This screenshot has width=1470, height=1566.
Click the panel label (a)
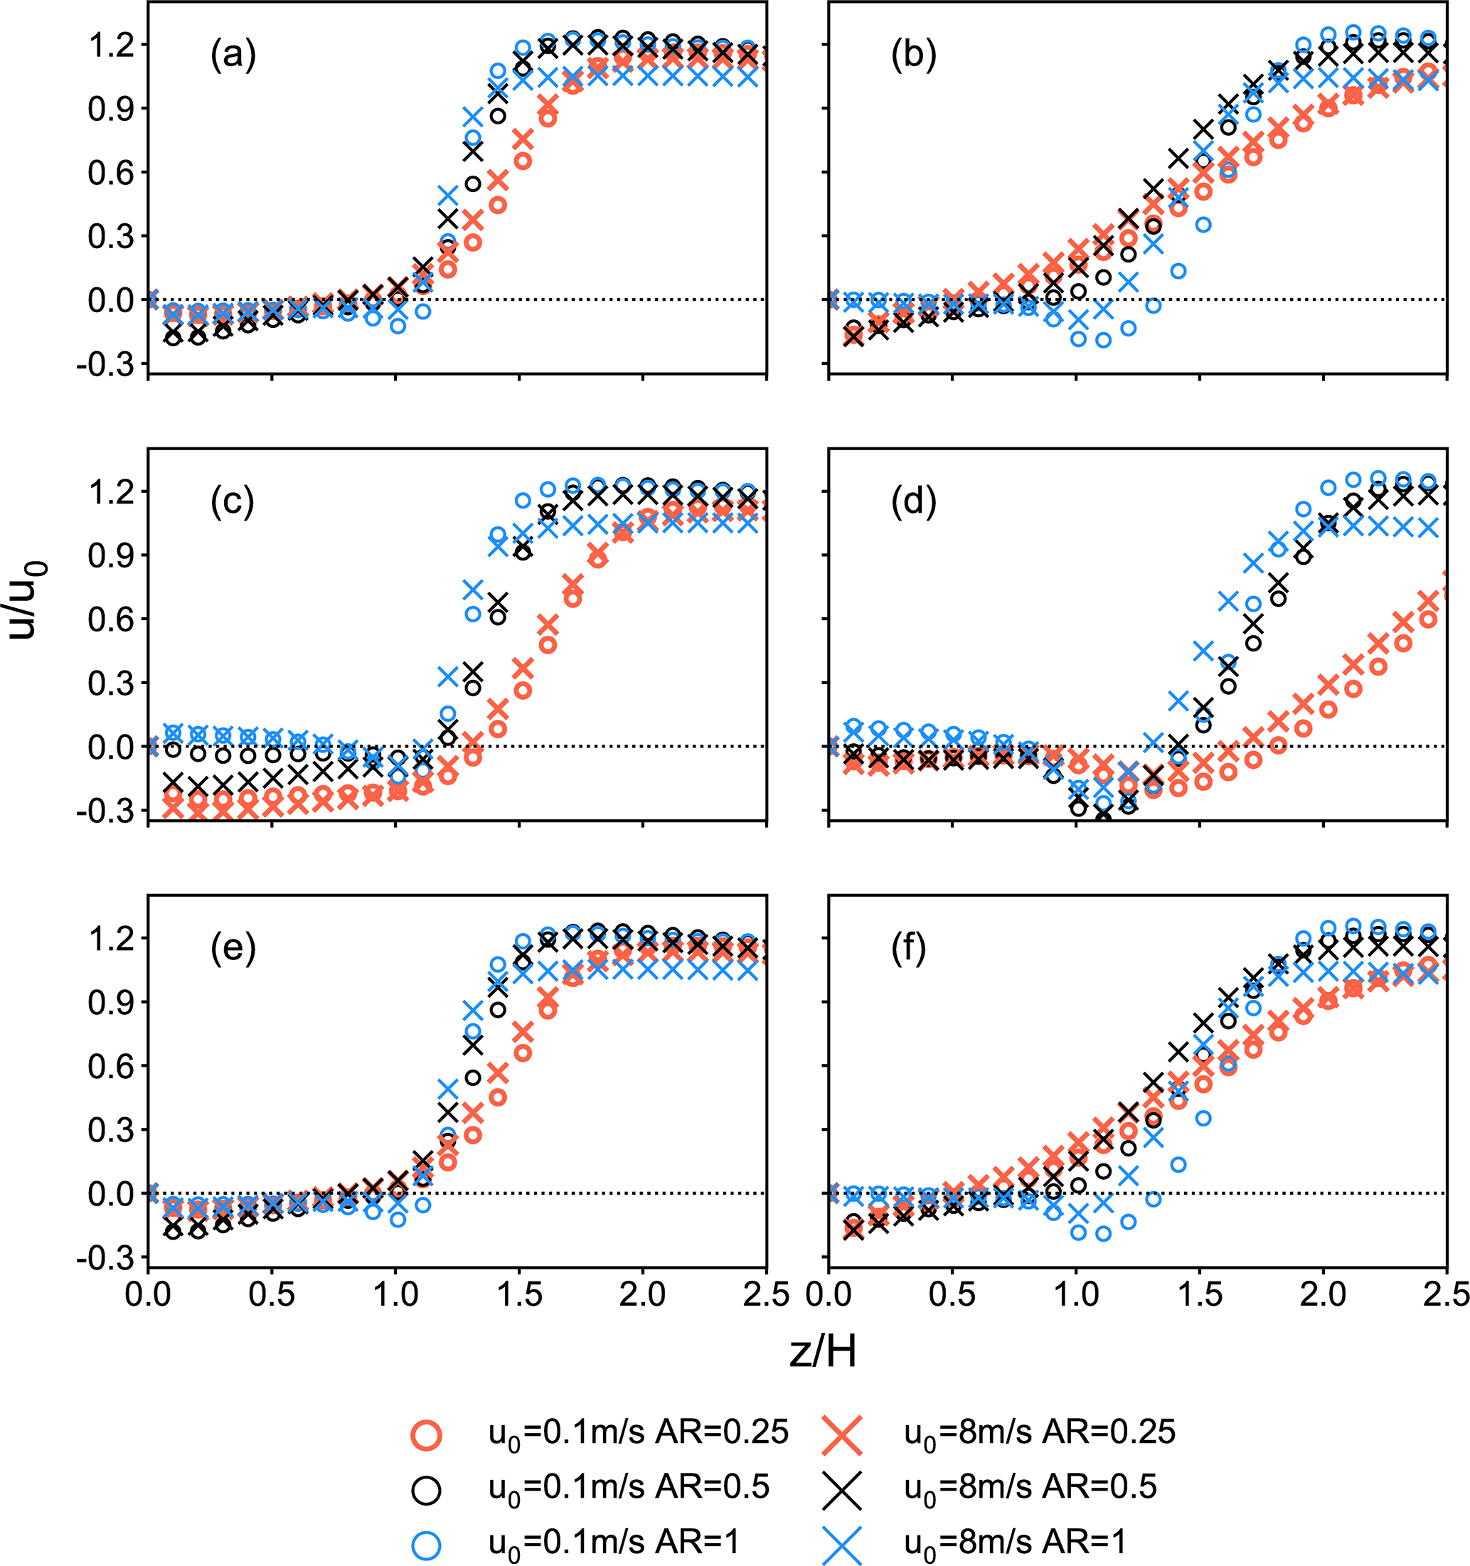pos(233,56)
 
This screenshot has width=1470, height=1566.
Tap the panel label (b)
pos(914,56)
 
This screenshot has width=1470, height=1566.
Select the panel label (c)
pos(233,503)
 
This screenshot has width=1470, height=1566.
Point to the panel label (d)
pos(914,503)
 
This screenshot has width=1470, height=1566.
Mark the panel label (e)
pos(233,950)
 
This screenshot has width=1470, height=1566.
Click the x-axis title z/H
pos(822,1353)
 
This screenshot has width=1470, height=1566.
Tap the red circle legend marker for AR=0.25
pos(426,1435)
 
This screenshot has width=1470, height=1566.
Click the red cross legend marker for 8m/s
pos(842,1435)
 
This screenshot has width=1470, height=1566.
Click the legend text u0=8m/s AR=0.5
pos(1030,1488)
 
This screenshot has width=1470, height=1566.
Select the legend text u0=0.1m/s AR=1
pos(614,1543)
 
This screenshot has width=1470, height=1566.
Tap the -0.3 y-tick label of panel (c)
pos(102,811)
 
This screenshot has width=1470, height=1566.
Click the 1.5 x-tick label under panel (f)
pos(1200,1296)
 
